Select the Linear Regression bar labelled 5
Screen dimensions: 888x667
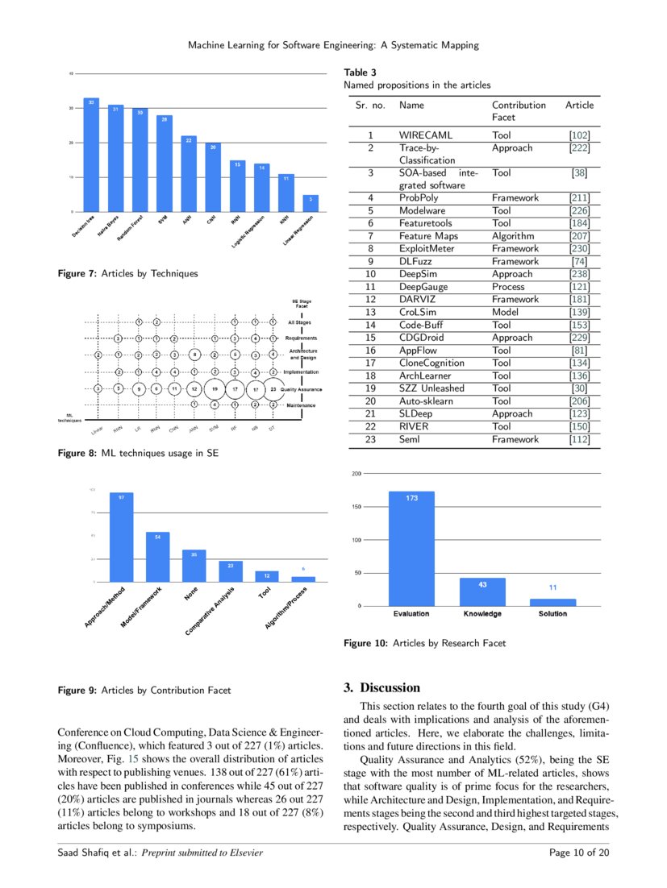point(311,203)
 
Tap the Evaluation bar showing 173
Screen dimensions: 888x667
point(411,548)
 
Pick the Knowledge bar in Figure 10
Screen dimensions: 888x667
point(482,591)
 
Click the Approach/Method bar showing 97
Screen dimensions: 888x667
point(122,537)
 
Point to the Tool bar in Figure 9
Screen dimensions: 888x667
point(267,576)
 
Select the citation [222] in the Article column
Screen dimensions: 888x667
point(579,148)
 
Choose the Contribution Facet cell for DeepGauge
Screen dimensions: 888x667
point(508,287)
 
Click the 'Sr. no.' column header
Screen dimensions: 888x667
point(371,105)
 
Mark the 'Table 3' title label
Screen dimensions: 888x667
point(356,73)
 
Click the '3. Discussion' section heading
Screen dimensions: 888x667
point(381,688)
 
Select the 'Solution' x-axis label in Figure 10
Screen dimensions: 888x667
point(552,614)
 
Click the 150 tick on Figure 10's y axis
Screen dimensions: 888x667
point(355,507)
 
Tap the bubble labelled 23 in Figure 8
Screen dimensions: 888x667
point(273,388)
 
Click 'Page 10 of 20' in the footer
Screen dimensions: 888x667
point(578,853)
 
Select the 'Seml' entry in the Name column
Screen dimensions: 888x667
point(411,439)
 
